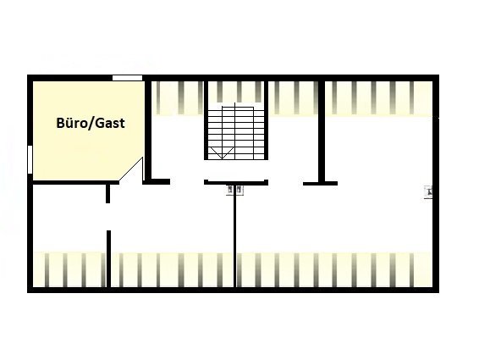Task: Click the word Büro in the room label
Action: click(x=73, y=123)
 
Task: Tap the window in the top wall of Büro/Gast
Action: click(x=127, y=78)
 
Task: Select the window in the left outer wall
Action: click(x=30, y=159)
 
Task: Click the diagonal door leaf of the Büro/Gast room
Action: click(x=130, y=169)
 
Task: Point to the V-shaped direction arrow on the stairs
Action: click(x=222, y=152)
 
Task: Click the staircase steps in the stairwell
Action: click(x=236, y=131)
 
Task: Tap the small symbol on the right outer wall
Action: click(x=428, y=192)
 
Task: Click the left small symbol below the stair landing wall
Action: click(x=229, y=190)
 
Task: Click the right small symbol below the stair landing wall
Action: click(x=239, y=190)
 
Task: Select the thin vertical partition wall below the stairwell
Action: click(x=234, y=236)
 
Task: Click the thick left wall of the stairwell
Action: click(x=206, y=120)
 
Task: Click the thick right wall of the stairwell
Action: click(x=266, y=120)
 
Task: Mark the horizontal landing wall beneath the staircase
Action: click(x=236, y=183)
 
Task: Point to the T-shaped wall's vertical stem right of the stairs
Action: click(x=322, y=131)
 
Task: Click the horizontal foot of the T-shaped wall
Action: click(x=320, y=184)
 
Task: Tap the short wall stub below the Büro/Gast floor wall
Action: click(x=107, y=193)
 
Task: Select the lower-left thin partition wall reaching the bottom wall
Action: click(x=108, y=259)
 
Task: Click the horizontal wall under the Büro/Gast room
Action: click(x=75, y=183)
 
